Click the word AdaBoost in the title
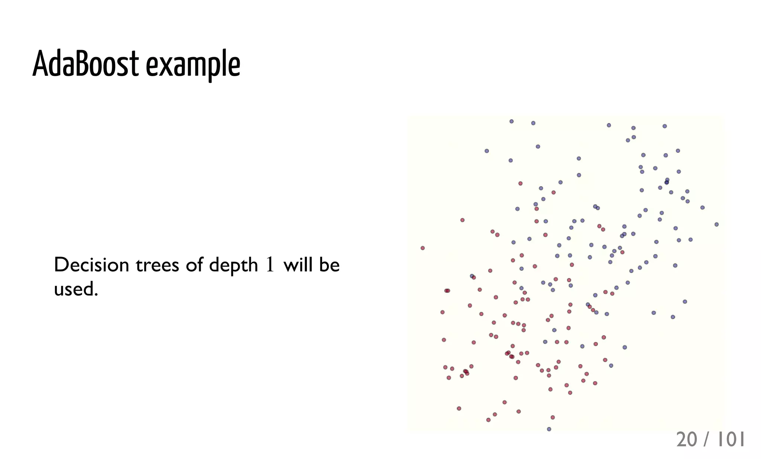point(85,64)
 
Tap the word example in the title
point(193,65)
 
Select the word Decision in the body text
point(91,265)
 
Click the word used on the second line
point(76,289)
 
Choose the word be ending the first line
point(329,265)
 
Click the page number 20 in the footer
point(686,440)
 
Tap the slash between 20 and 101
point(707,440)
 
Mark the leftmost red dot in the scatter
point(422,248)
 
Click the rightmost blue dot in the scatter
point(716,224)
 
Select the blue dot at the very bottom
point(549,429)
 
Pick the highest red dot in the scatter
point(520,183)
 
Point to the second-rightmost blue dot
point(702,208)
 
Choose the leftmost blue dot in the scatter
point(472,276)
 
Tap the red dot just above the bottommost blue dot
point(553,417)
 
